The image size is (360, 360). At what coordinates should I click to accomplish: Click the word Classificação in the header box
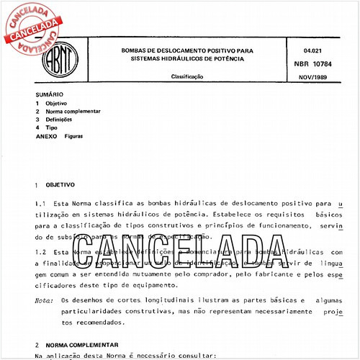(x=186, y=76)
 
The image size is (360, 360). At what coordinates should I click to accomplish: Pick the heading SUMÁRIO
(x=49, y=94)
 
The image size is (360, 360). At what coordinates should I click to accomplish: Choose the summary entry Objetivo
(x=56, y=103)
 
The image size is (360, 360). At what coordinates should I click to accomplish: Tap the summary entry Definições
(x=59, y=119)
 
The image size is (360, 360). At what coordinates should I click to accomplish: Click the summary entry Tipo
(x=51, y=127)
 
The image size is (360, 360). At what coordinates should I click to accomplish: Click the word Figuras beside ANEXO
(x=73, y=135)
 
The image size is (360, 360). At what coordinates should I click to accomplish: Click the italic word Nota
(x=44, y=300)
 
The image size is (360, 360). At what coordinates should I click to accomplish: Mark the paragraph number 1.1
(x=40, y=204)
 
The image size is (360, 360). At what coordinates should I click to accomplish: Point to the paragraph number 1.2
(x=40, y=253)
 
